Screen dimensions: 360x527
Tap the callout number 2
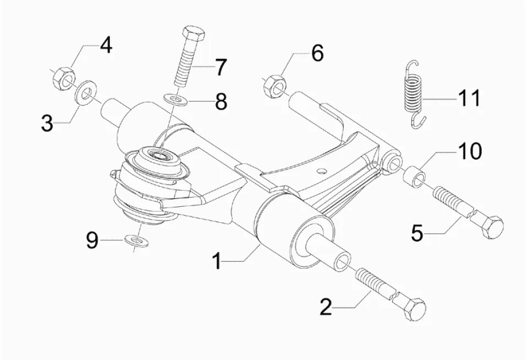[327, 306]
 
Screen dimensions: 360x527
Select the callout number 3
[48, 123]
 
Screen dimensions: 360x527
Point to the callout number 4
[105, 45]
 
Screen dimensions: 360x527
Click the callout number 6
[317, 54]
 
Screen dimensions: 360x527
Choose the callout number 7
[220, 68]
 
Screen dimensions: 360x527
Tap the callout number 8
[221, 101]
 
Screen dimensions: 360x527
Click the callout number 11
[468, 98]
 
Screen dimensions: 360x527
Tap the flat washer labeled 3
[84, 92]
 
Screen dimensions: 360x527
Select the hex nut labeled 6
[274, 85]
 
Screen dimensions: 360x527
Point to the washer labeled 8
[175, 99]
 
